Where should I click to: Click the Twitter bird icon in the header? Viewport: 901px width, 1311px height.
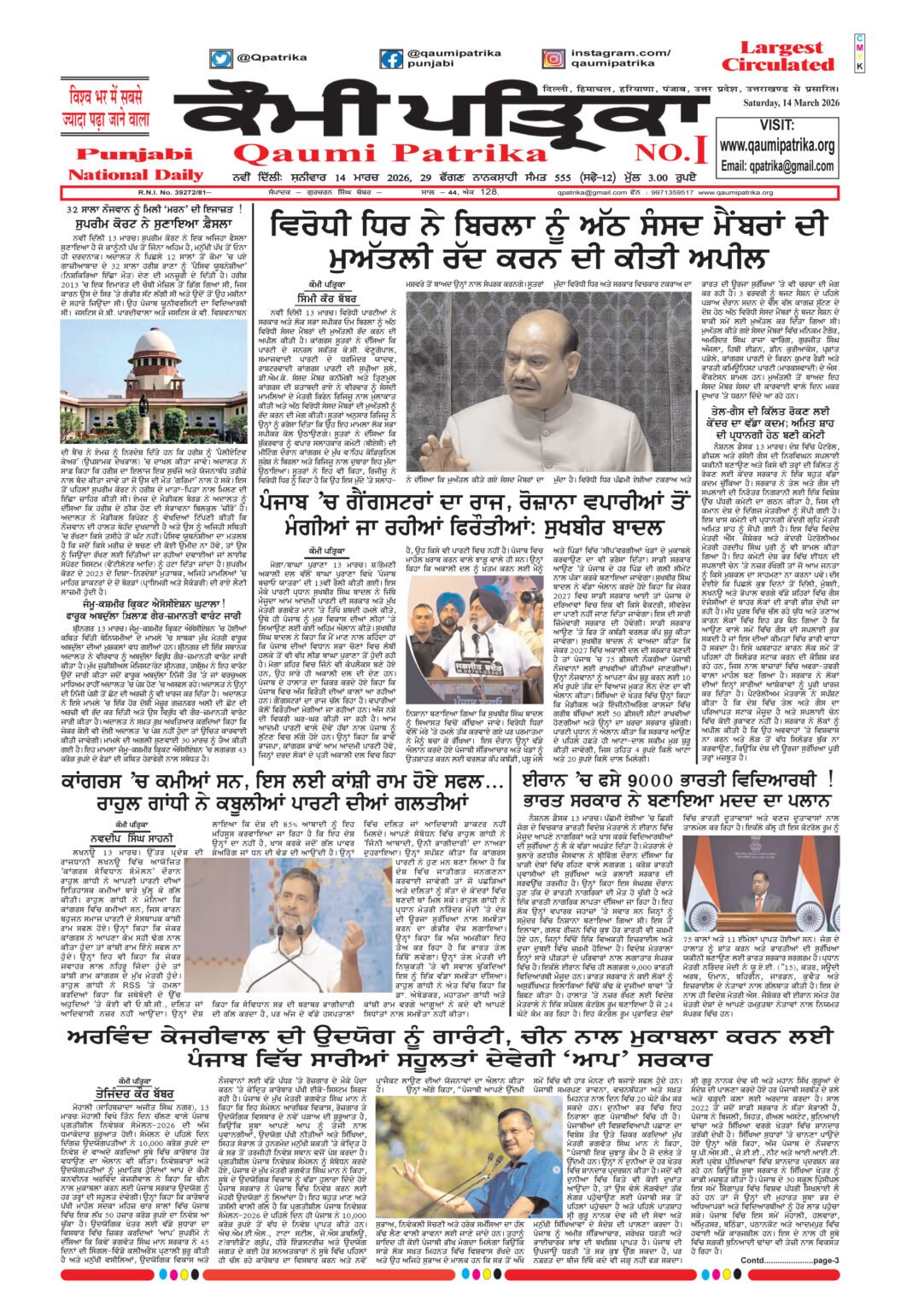click(221, 59)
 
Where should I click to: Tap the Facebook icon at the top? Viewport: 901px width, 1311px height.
click(391, 59)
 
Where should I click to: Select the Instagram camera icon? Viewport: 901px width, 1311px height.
click(553, 59)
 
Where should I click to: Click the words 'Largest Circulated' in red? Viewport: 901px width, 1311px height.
click(777, 56)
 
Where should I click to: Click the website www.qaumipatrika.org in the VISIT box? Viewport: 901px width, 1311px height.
click(777, 146)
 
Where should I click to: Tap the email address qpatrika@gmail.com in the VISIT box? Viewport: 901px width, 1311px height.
click(777, 166)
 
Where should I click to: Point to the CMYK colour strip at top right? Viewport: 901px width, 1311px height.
click(859, 53)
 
